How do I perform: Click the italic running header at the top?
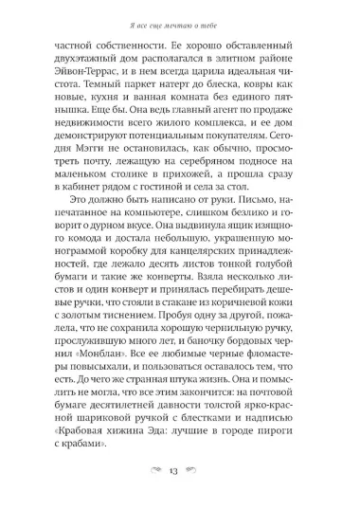[180, 14]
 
